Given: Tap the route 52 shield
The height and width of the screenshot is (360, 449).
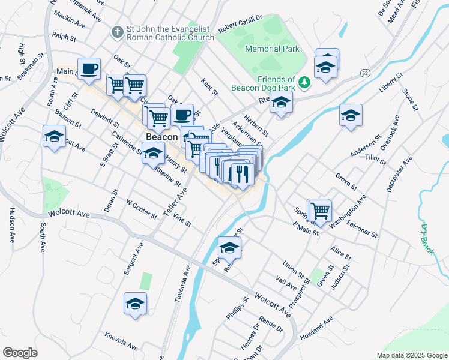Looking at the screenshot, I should click(364, 73).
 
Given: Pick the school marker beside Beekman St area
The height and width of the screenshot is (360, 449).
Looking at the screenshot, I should click(54, 136).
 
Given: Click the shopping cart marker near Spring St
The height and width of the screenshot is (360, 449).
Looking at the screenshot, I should click(321, 211).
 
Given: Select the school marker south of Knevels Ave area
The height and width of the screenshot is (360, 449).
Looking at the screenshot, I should click(136, 304).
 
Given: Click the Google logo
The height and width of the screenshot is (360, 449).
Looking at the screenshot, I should click(20, 352).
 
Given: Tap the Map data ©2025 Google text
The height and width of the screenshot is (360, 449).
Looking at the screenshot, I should click(412, 355).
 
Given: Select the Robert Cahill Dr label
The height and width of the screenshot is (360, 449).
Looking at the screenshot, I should click(241, 25).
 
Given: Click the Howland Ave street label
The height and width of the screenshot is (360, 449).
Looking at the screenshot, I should click(316, 330).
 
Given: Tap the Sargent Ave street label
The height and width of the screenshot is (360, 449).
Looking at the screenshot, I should click(134, 259).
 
